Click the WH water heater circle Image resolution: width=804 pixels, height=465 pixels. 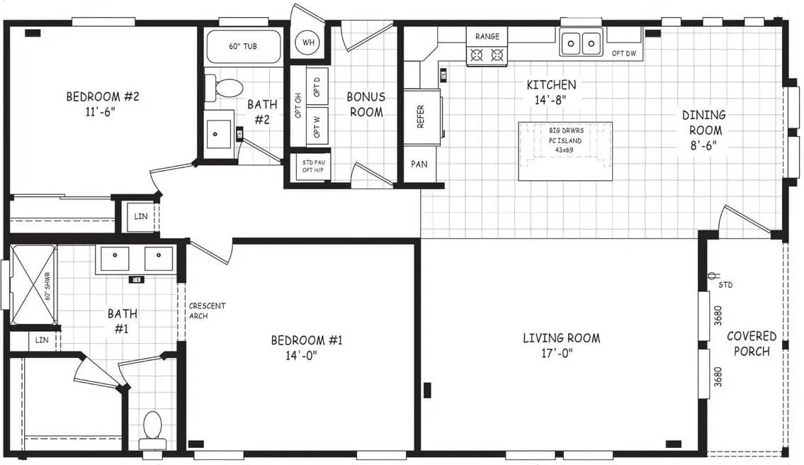(308, 43)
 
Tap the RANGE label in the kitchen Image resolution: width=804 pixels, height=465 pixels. (487, 36)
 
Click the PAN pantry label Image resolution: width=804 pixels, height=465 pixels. (419, 164)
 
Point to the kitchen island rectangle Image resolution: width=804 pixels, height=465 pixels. (565, 151)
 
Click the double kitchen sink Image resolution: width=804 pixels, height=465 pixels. (580, 43)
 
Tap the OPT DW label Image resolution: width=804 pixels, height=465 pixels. (623, 53)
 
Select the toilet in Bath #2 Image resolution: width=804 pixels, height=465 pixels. (227, 89)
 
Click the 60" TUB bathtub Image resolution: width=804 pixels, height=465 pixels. (242, 47)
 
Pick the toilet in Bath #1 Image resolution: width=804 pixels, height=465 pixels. (152, 427)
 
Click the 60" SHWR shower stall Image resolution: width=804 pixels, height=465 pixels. (33, 284)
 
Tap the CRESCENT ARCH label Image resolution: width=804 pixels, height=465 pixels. (207, 310)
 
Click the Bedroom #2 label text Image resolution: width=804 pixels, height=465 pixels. (103, 103)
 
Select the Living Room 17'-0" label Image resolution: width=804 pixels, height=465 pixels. (561, 345)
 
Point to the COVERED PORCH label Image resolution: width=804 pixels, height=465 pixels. (752, 343)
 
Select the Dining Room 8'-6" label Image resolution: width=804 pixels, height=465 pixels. (703, 130)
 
